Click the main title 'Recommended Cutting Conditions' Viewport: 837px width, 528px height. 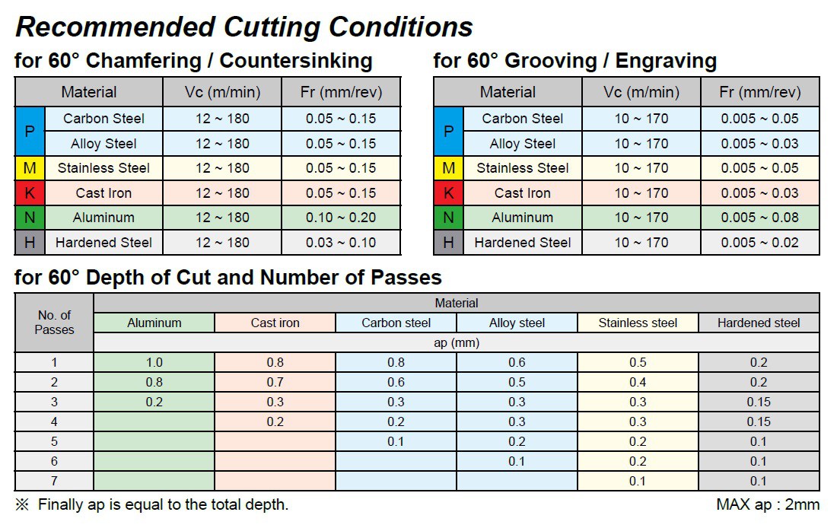(x=243, y=27)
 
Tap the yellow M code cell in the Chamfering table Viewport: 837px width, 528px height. (x=30, y=168)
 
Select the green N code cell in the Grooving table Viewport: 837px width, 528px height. (x=448, y=218)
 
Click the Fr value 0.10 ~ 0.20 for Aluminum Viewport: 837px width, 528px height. (x=341, y=218)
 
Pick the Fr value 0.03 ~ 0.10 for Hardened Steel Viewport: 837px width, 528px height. (x=341, y=243)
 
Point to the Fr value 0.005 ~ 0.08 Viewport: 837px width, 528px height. (x=759, y=218)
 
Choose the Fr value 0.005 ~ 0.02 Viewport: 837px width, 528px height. (x=759, y=243)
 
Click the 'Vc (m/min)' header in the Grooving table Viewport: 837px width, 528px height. (x=641, y=92)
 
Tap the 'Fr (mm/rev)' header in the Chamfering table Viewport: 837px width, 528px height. (x=341, y=92)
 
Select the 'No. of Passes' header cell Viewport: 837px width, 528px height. (x=54, y=322)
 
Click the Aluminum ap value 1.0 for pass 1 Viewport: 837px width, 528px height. (x=154, y=363)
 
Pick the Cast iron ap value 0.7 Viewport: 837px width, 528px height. (x=275, y=383)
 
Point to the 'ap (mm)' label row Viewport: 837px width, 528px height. (x=457, y=342)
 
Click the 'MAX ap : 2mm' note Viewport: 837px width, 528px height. (x=767, y=504)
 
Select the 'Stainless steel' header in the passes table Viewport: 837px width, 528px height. (x=638, y=323)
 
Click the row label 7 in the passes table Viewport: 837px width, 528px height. (x=54, y=481)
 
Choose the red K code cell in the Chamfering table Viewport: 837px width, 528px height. (x=30, y=193)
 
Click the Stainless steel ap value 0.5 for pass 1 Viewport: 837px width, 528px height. (x=638, y=363)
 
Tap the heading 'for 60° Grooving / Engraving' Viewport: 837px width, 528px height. (x=574, y=61)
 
